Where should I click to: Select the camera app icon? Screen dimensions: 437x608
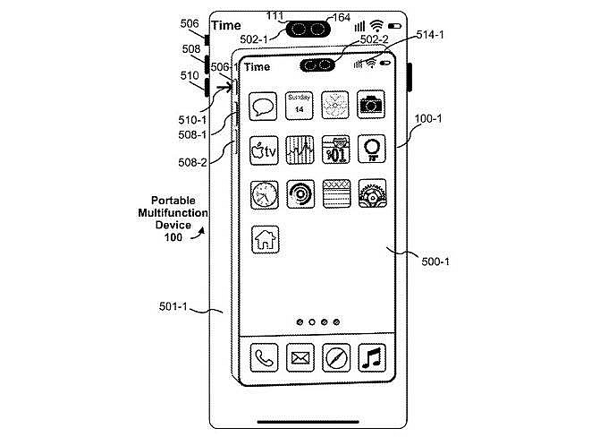(371, 105)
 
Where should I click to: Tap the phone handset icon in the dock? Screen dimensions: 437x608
(264, 358)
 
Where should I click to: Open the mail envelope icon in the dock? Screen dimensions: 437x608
(300, 358)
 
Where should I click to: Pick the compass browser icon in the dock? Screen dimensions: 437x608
(335, 358)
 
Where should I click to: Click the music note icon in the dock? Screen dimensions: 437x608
(371, 358)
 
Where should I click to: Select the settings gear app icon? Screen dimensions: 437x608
(371, 193)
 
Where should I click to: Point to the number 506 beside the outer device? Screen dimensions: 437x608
(190, 24)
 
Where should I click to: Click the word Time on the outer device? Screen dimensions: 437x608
(226, 25)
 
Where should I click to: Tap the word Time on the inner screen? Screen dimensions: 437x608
(257, 66)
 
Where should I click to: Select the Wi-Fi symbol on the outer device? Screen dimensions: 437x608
(376, 24)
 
